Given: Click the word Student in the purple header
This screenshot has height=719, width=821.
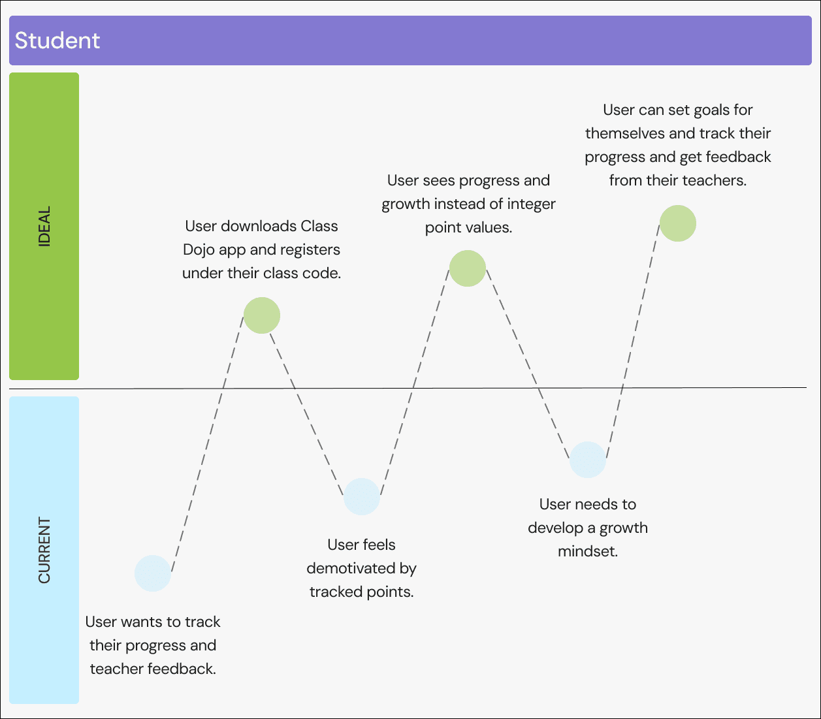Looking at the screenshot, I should pos(57,40).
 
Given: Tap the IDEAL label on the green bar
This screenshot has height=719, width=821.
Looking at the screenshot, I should pos(44,226).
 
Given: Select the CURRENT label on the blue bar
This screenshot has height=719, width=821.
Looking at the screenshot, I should pos(44,550).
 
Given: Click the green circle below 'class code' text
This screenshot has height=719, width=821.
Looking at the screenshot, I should pos(262,315).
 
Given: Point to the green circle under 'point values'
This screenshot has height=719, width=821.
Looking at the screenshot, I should pos(468,268).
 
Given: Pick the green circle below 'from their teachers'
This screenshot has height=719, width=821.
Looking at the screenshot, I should pos(678,223).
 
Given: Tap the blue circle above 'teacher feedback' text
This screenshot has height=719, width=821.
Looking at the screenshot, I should pos(153,573).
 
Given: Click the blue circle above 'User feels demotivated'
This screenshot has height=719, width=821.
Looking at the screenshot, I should pos(362,496).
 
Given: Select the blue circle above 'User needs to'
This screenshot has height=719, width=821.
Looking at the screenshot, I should pos(588,460).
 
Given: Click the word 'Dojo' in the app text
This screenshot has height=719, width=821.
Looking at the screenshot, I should pos(198,249).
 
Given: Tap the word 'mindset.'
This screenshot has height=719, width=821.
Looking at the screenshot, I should pos(588,551).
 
